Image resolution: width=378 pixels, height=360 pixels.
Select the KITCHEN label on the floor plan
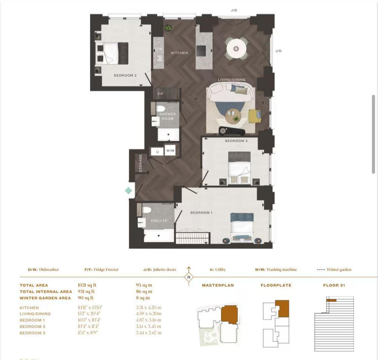tap(180, 53)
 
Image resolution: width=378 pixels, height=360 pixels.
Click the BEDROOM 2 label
tap(125, 76)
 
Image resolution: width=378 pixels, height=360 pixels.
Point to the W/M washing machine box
tap(170, 151)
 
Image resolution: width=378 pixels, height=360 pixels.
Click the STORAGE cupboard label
tap(140, 163)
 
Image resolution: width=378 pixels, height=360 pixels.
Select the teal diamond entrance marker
tap(129, 190)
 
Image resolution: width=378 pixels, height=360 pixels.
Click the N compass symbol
tap(189, 277)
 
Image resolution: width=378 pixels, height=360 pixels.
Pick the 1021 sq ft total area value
tap(87, 285)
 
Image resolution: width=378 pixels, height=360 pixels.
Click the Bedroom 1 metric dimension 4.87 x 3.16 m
tap(148, 320)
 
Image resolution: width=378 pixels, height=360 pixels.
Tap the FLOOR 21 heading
tap(334, 285)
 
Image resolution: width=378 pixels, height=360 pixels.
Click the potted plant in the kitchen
tap(168, 28)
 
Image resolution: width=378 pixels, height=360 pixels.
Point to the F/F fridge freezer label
tap(160, 94)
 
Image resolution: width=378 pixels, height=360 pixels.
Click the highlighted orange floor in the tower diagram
tap(331, 300)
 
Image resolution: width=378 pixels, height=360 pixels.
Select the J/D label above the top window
tap(234, 10)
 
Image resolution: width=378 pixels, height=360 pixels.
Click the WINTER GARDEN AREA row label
tap(45, 298)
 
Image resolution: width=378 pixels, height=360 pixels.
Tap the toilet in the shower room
tap(161, 109)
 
